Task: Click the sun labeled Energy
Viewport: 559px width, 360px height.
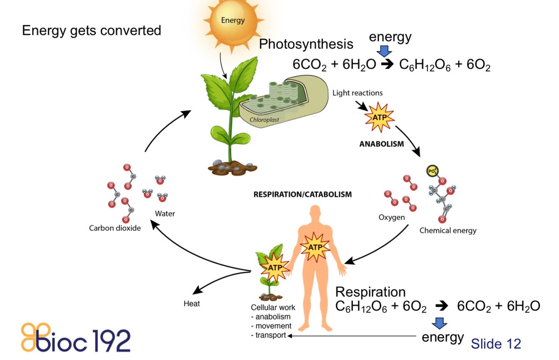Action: (x=233, y=21)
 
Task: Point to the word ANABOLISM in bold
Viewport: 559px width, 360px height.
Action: (x=381, y=144)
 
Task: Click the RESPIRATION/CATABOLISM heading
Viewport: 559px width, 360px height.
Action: (x=303, y=194)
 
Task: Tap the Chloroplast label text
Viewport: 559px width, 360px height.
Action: (x=264, y=119)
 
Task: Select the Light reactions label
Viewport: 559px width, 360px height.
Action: (x=357, y=93)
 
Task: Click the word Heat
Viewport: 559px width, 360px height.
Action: (x=192, y=303)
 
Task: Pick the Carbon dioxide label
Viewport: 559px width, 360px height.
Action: (x=114, y=228)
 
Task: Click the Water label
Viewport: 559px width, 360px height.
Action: (x=165, y=214)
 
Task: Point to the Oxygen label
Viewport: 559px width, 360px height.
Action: (x=391, y=218)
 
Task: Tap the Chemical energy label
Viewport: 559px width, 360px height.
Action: (x=448, y=231)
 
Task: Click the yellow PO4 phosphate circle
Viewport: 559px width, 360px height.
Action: (x=432, y=171)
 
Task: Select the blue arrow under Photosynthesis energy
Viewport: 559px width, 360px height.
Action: (x=384, y=51)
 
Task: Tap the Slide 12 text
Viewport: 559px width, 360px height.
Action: (x=496, y=344)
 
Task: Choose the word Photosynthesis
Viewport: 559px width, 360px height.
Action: (x=306, y=44)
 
